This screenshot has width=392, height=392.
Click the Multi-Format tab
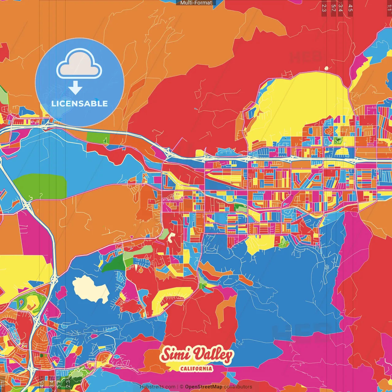click(196, 3)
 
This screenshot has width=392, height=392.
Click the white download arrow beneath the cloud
click(75, 88)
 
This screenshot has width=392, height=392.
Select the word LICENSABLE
click(80, 104)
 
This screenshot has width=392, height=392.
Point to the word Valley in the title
click(213, 355)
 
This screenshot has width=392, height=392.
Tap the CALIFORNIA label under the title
click(196, 368)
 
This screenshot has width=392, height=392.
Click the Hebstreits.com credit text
click(157, 387)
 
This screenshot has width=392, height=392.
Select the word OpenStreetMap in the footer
click(203, 387)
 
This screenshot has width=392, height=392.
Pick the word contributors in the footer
click(238, 387)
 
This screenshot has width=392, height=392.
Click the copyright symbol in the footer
click(182, 387)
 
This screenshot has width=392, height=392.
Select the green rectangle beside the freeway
click(98, 138)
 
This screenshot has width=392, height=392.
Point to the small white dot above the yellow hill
click(326, 68)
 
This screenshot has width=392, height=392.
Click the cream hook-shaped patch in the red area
click(171, 237)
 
